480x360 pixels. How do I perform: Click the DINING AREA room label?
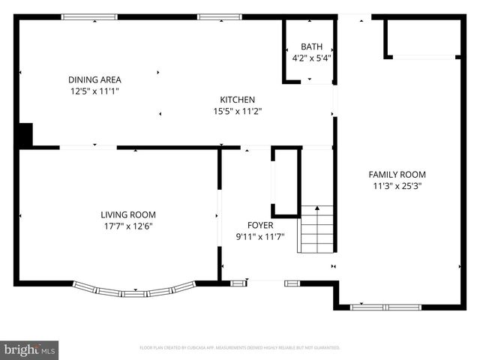click(94, 79)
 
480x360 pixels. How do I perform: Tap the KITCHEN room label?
click(237, 100)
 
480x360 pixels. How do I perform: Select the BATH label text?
click(311, 46)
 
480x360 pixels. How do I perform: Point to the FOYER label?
click(260, 225)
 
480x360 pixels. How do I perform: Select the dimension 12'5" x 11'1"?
click(94, 91)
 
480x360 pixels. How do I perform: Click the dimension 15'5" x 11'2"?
click(237, 111)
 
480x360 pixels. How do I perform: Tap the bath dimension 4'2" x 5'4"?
click(311, 57)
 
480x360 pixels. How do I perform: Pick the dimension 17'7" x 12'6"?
click(128, 226)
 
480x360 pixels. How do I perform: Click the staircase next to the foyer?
click(316, 229)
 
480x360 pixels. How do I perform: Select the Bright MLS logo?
click(30, 349)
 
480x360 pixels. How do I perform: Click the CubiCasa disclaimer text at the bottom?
click(240, 348)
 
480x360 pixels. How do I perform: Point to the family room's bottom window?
click(386, 307)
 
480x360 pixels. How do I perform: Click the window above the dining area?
click(89, 16)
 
